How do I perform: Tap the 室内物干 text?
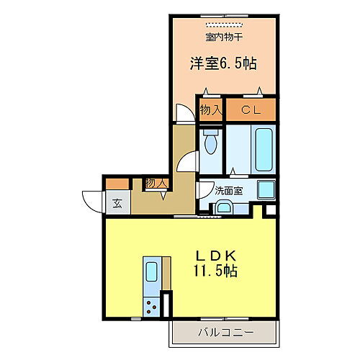(223, 36)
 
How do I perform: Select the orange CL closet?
(251, 110)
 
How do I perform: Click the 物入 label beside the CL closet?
(210, 110)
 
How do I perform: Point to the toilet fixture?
(210, 143)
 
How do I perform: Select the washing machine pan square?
(267, 191)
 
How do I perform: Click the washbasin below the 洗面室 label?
(223, 208)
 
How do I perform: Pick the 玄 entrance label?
(117, 202)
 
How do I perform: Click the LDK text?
(215, 256)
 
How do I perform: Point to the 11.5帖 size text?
(215, 272)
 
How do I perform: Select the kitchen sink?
(153, 271)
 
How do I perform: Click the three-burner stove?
(153, 307)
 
